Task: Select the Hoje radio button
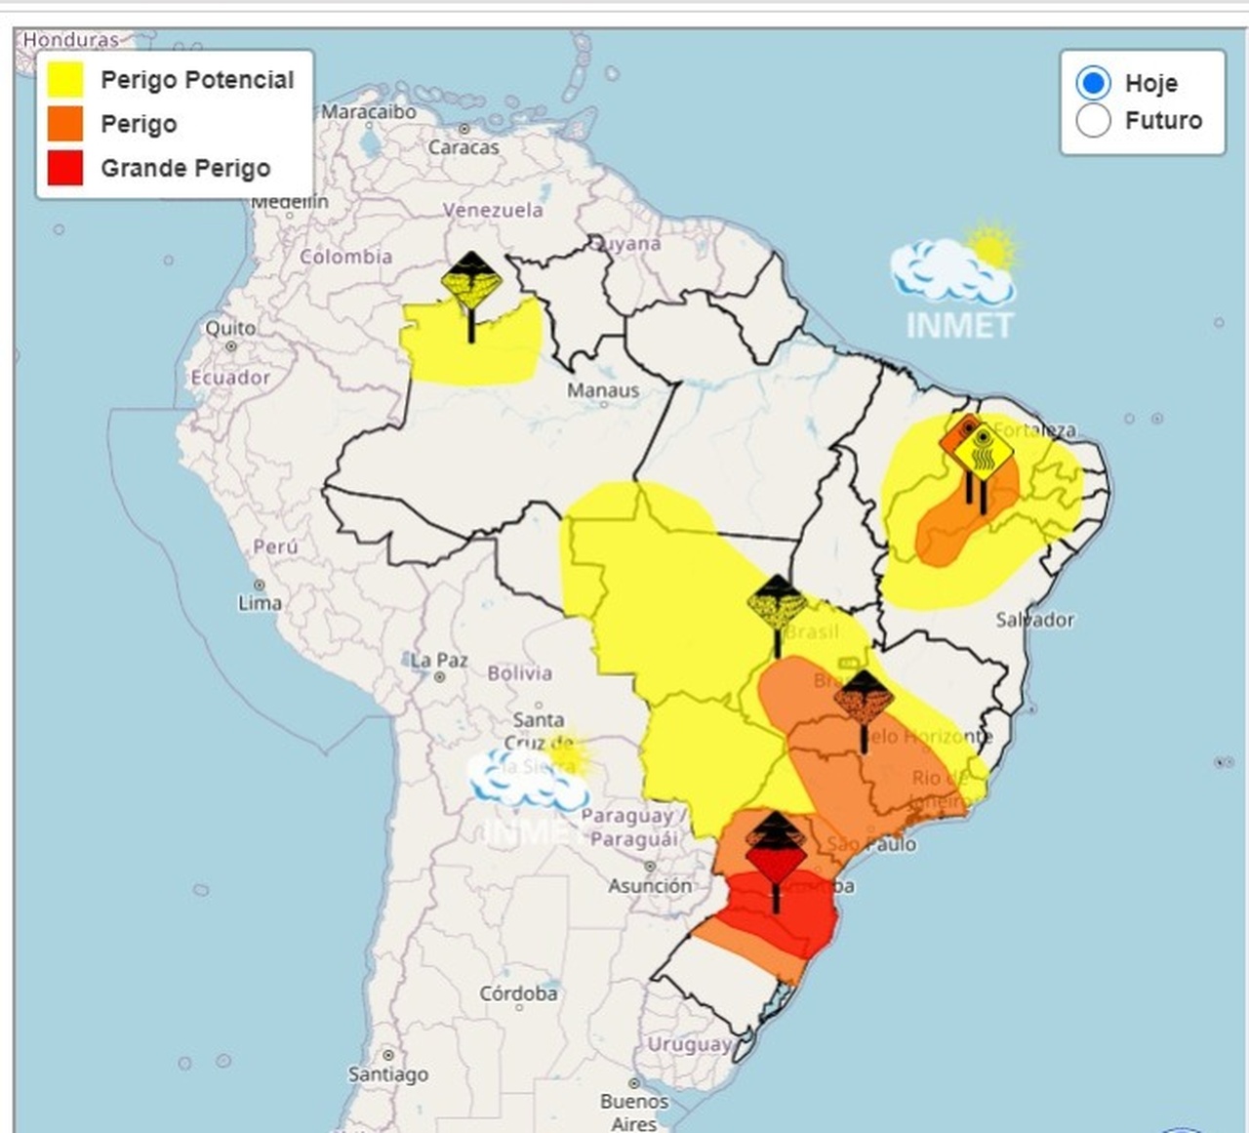(1093, 83)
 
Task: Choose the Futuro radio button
(1093, 121)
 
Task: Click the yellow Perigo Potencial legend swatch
(65, 80)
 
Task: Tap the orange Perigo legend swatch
(65, 124)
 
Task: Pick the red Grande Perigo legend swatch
(65, 168)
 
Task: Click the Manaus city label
(603, 390)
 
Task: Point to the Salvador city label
(1034, 620)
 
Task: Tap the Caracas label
(463, 147)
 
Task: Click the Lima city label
(260, 603)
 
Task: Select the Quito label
(230, 328)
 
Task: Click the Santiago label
(388, 1074)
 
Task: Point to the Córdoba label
(518, 993)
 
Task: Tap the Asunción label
(650, 886)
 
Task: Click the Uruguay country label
(689, 1044)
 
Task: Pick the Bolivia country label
(519, 673)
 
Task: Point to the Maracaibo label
(369, 112)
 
